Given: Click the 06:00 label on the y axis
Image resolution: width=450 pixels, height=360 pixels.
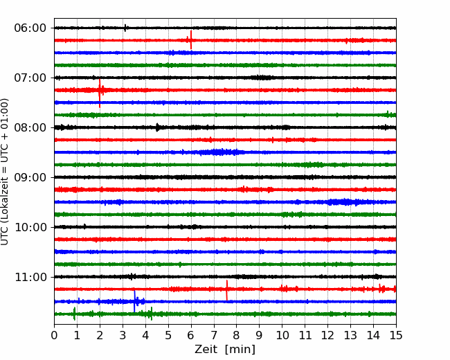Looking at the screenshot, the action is (30, 28).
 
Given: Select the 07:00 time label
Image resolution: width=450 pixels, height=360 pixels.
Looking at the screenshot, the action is (30, 78).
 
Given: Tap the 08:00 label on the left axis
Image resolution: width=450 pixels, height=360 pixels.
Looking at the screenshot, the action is (30, 127).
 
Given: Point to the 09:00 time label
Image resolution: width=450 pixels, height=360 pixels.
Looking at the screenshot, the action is (30, 177).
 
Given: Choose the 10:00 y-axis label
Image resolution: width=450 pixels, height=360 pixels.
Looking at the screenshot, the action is (30, 227).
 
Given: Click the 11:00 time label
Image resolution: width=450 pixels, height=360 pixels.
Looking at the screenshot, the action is (30, 277).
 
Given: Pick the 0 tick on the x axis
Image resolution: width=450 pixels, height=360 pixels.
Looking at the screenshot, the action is (54, 335).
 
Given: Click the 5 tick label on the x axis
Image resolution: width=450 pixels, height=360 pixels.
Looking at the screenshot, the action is (168, 335).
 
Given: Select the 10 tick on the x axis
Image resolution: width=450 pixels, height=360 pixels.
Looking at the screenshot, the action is (282, 335).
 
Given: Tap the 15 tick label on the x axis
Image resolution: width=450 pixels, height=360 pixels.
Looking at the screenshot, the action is (396, 335).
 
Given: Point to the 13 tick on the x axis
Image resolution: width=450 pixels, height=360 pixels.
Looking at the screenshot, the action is (350, 335).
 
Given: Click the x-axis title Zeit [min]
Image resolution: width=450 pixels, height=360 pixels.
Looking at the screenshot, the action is (225, 350).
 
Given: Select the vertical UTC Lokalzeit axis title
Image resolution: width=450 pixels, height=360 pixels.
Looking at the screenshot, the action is (5, 172).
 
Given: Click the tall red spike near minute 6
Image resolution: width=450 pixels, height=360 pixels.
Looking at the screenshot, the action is (191, 40).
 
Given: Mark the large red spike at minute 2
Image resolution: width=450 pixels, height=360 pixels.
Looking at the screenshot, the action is (100, 93).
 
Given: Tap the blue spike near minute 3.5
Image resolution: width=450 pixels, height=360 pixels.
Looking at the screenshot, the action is (134, 301).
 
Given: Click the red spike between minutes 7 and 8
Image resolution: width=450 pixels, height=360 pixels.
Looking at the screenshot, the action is (226, 290).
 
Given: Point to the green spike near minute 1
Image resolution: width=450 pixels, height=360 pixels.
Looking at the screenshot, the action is (74, 314).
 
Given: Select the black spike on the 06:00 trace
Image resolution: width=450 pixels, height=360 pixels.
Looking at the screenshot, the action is (125, 28).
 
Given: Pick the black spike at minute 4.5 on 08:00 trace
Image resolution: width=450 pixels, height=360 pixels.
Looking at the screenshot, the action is (157, 127).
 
